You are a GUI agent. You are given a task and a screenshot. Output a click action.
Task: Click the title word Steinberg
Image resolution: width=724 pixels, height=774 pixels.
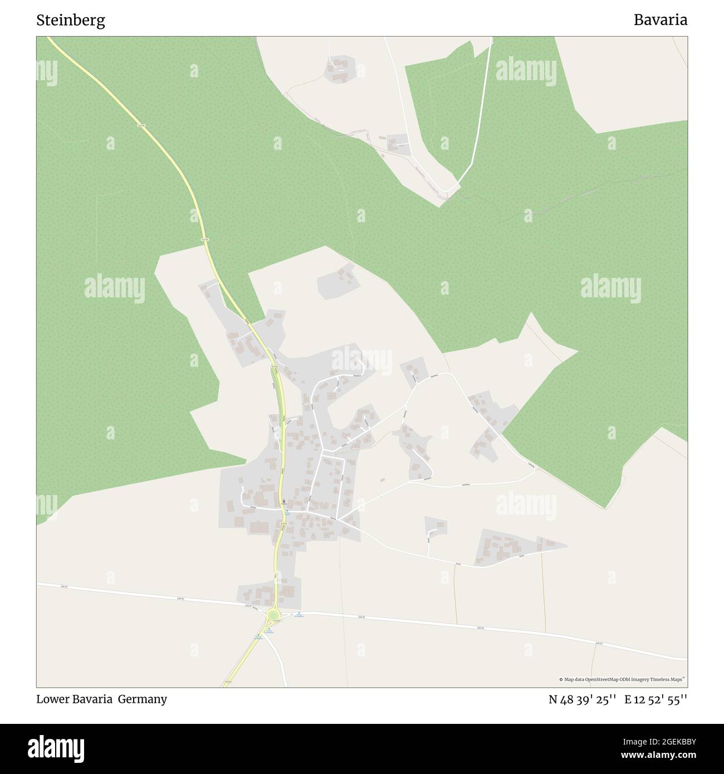click(x=71, y=21)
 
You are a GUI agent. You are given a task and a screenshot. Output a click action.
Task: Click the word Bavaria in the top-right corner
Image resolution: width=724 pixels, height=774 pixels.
click(x=660, y=21)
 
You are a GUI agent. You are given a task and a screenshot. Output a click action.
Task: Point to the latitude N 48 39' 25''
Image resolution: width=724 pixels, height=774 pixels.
click(x=582, y=699)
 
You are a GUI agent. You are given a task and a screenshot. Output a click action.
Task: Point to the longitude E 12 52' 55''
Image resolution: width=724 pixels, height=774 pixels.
click(x=655, y=699)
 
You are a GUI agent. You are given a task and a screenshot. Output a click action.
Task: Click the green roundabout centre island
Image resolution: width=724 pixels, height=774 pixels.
click(x=273, y=615)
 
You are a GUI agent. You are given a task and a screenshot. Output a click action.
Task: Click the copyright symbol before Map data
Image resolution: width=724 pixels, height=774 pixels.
click(x=561, y=679)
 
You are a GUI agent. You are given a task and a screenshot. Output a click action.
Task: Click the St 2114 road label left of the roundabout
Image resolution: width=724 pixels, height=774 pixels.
click(x=248, y=605)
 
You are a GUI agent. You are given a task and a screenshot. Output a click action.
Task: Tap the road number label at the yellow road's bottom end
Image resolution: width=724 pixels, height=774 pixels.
click(x=227, y=681)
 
